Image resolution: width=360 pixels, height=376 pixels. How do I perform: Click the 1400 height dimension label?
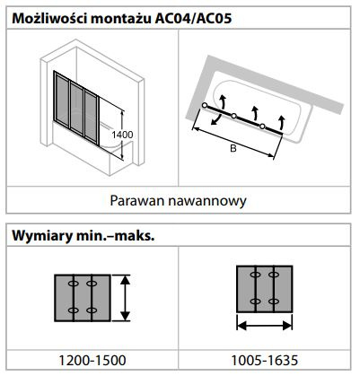pyautogui.click(x=122, y=135)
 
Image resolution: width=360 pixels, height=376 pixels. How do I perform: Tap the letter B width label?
pyautogui.click(x=233, y=148)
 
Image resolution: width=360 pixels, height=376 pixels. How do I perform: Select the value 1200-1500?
pyautogui.click(x=92, y=360)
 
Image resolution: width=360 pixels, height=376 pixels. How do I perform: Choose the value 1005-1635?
pyautogui.click(x=265, y=360)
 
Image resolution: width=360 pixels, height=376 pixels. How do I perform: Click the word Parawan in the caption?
pyautogui.click(x=137, y=201)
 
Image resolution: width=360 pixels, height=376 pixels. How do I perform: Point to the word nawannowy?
pyautogui.click(x=207, y=201)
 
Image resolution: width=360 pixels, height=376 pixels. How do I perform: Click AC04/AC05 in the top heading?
pyautogui.click(x=193, y=19)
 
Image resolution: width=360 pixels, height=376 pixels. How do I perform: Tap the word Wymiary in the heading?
pyautogui.click(x=42, y=236)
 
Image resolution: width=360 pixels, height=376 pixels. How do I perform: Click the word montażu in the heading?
pyautogui.click(x=120, y=20)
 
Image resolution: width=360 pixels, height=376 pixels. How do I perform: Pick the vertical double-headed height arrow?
pyautogui.click(x=126, y=298)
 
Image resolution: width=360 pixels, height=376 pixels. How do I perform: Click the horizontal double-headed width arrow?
pyautogui.click(x=265, y=325)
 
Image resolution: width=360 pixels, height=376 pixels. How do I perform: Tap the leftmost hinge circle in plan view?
pyautogui.click(x=205, y=105)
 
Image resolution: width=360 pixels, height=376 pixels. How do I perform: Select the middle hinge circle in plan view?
pyautogui.click(x=233, y=116)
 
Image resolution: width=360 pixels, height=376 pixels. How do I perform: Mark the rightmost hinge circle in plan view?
pyautogui.click(x=262, y=127)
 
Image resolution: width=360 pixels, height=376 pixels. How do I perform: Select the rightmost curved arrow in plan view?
pyautogui.click(x=281, y=121)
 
